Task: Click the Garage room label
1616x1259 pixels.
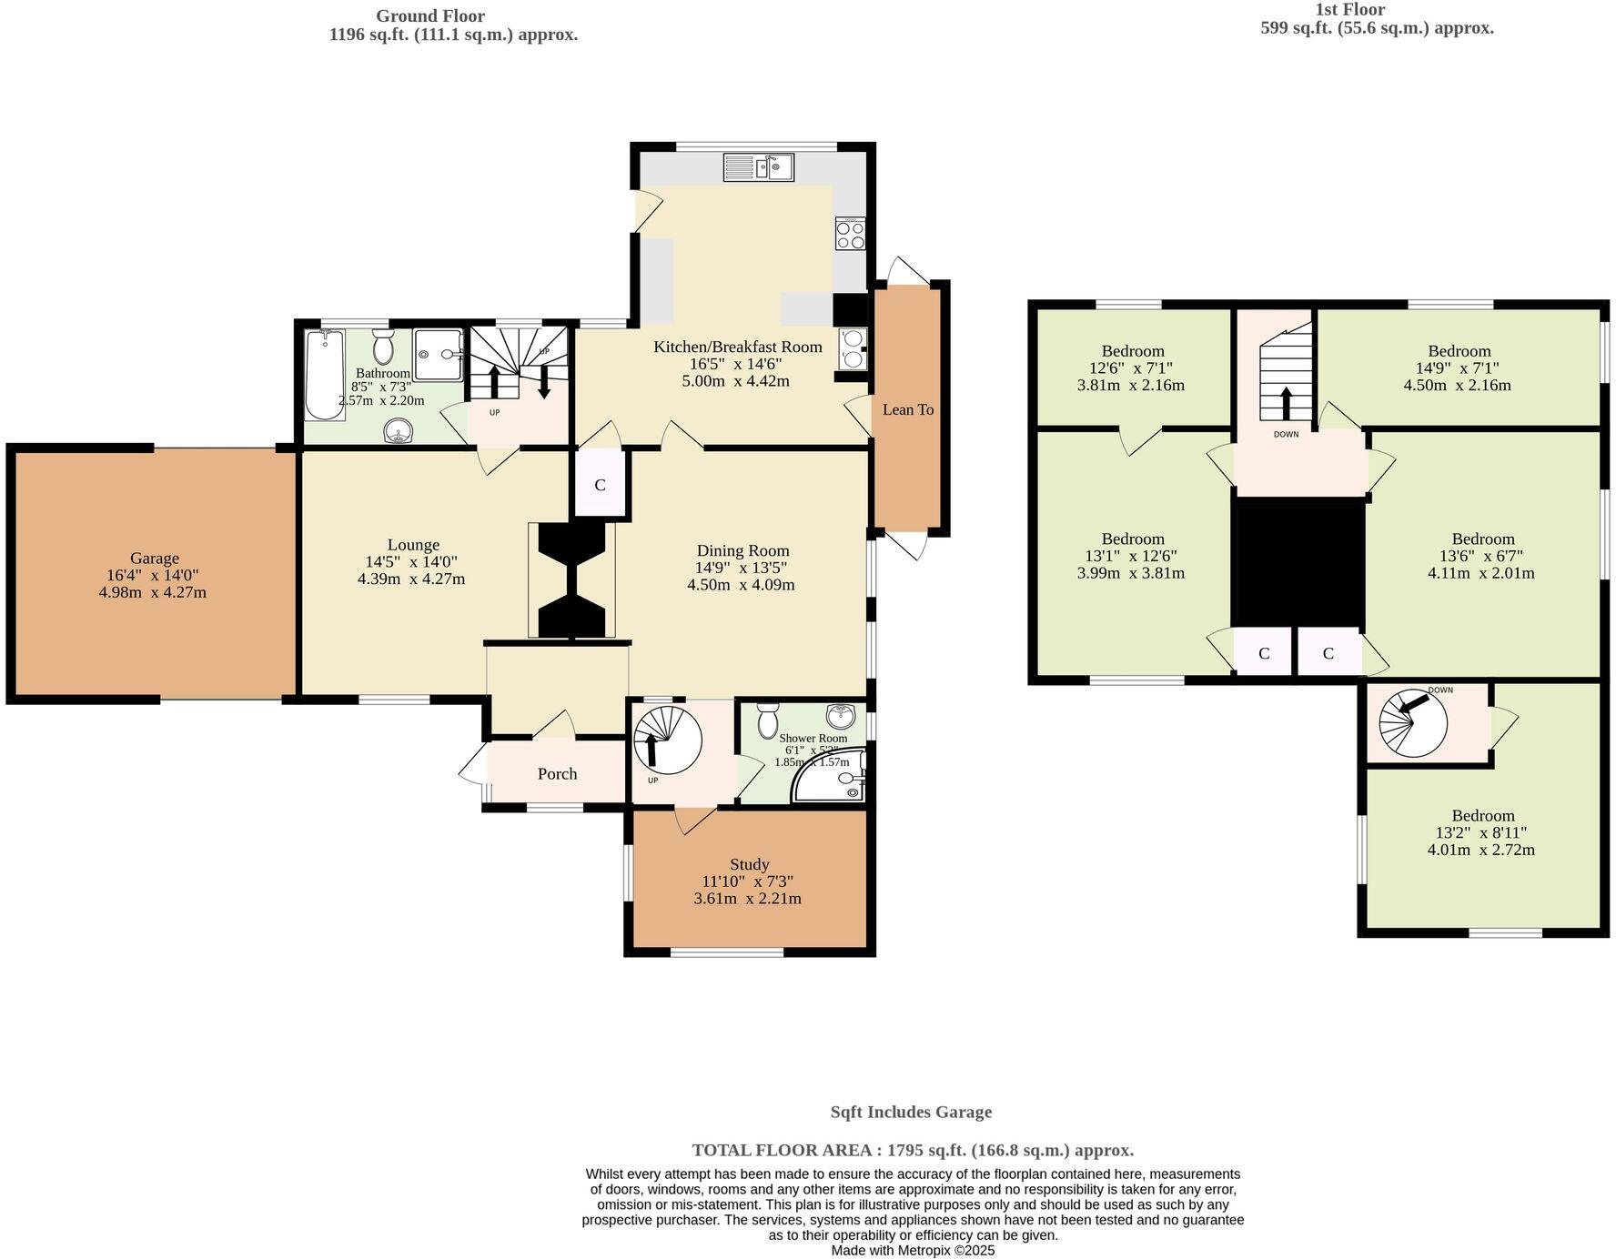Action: point(154,558)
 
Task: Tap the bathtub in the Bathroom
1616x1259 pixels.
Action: point(325,375)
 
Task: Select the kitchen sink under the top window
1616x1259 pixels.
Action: point(759,166)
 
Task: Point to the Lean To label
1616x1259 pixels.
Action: point(907,409)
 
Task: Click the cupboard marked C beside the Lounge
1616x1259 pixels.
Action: point(600,485)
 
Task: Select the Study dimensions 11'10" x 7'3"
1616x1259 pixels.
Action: point(748,881)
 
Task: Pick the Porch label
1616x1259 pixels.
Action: point(557,773)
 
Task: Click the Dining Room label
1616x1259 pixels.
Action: point(742,550)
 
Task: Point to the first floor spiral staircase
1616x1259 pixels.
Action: point(1412,722)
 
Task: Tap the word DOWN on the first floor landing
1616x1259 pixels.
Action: point(1286,435)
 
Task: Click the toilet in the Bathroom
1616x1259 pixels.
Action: point(382,347)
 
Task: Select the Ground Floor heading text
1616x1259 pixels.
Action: point(430,15)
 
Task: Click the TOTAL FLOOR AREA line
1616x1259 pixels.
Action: point(912,1150)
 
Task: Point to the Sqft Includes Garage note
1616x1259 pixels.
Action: point(911,1112)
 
